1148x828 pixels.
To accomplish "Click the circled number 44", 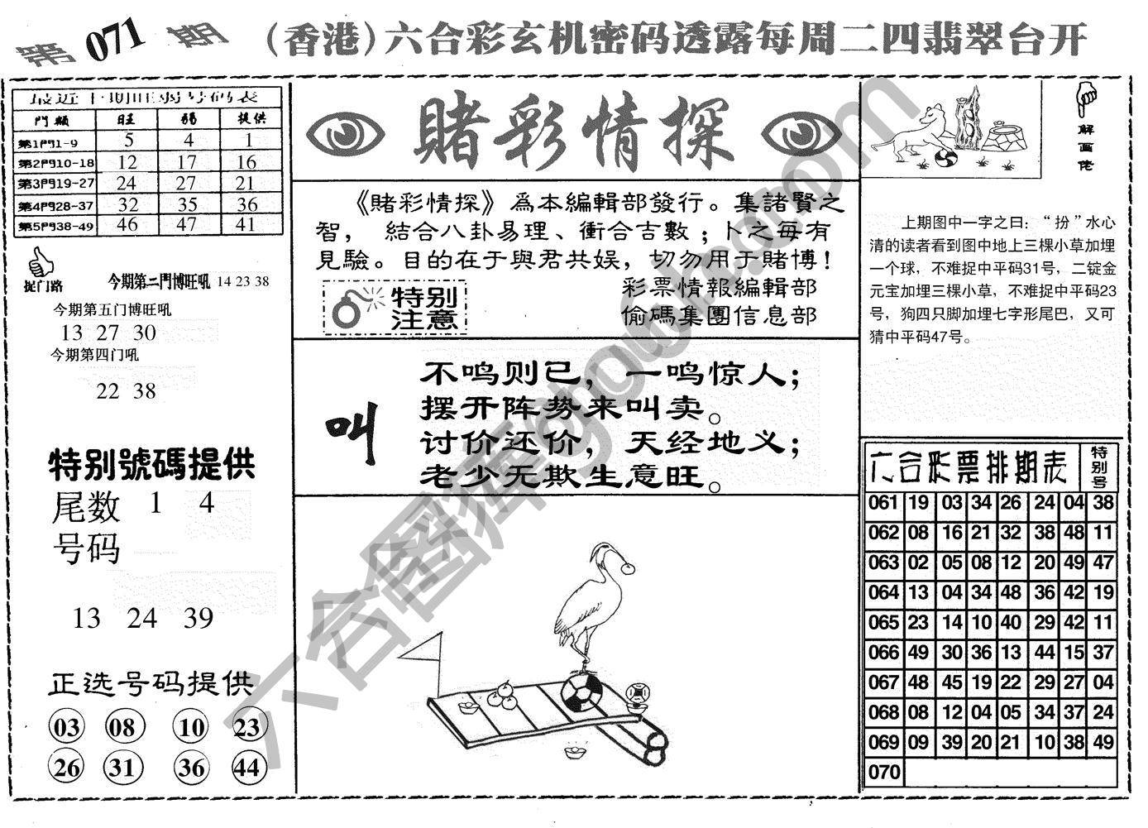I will tap(246, 768).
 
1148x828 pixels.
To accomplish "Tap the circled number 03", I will tap(67, 728).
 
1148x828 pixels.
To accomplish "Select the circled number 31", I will tap(122, 768).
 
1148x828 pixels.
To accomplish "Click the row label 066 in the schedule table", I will tap(883, 653).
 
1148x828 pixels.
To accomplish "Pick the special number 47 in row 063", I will tap(1103, 563).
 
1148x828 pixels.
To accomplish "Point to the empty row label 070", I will tap(883, 773).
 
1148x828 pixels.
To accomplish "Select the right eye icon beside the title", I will tap(800, 136).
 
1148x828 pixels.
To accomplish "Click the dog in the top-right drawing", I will tap(914, 132).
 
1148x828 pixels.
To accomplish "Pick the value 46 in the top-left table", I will tap(127, 224).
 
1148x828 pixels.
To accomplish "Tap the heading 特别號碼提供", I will tap(151, 465).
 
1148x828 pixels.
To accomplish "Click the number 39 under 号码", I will tap(199, 618).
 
